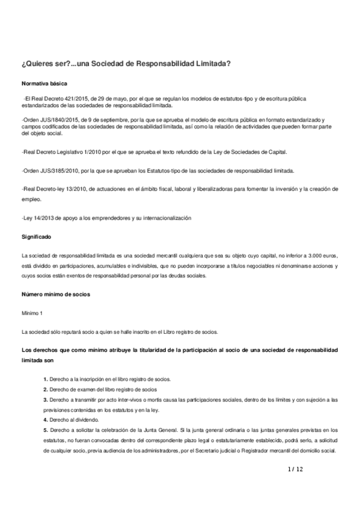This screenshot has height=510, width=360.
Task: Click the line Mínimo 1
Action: [x=32, y=313]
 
